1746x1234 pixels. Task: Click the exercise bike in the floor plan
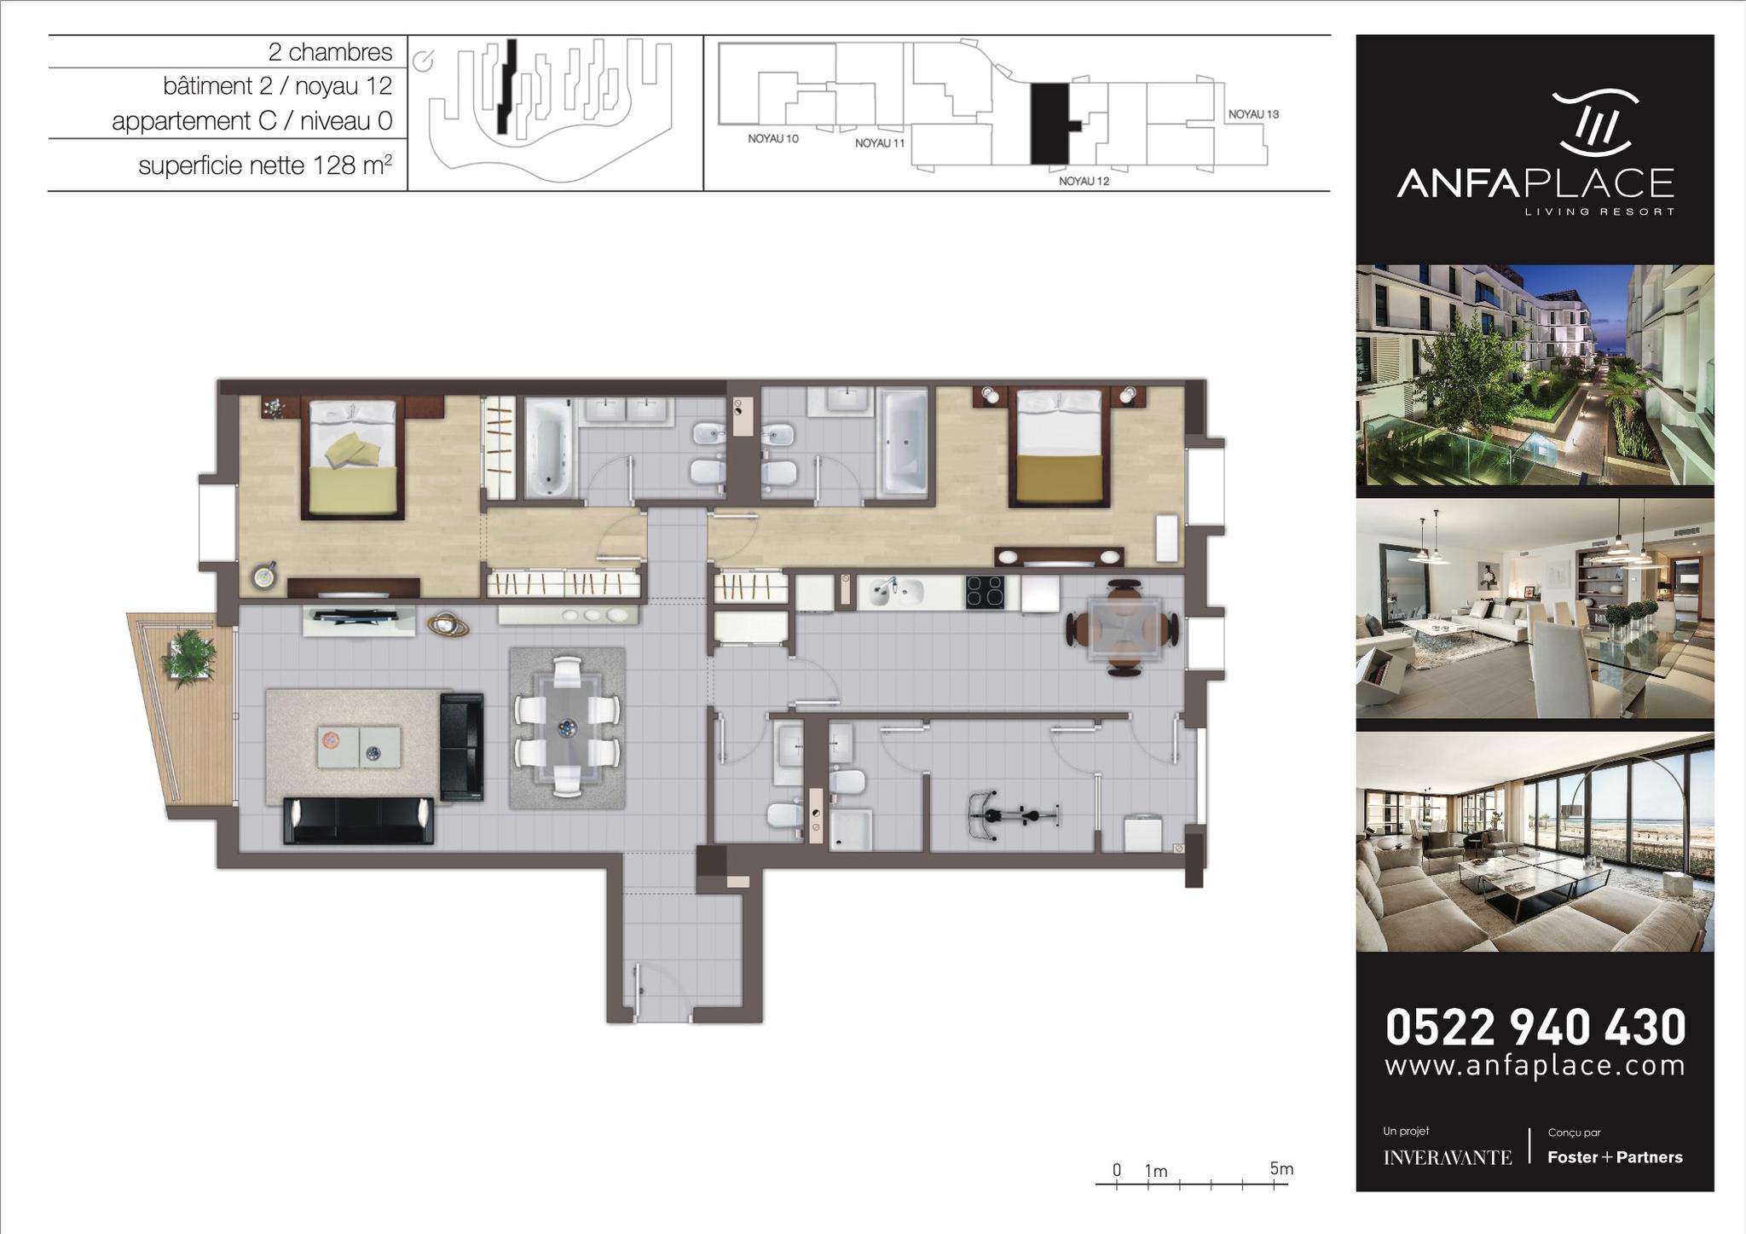(1013, 815)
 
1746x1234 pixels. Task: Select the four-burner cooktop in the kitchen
(985, 593)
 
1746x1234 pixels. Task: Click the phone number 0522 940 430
(1535, 1027)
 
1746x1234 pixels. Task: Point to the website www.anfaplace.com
(1535, 1066)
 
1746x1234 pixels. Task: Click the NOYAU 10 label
(773, 138)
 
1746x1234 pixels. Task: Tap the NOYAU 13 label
(1253, 113)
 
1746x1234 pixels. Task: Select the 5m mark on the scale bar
(1281, 1168)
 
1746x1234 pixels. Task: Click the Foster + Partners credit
(1615, 1157)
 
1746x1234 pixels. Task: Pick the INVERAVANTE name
(1448, 1157)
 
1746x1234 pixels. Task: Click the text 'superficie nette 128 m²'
(265, 165)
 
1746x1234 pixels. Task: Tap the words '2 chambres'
(330, 52)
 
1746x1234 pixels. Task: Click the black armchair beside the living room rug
(462, 747)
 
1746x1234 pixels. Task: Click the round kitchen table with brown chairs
(1124, 628)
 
